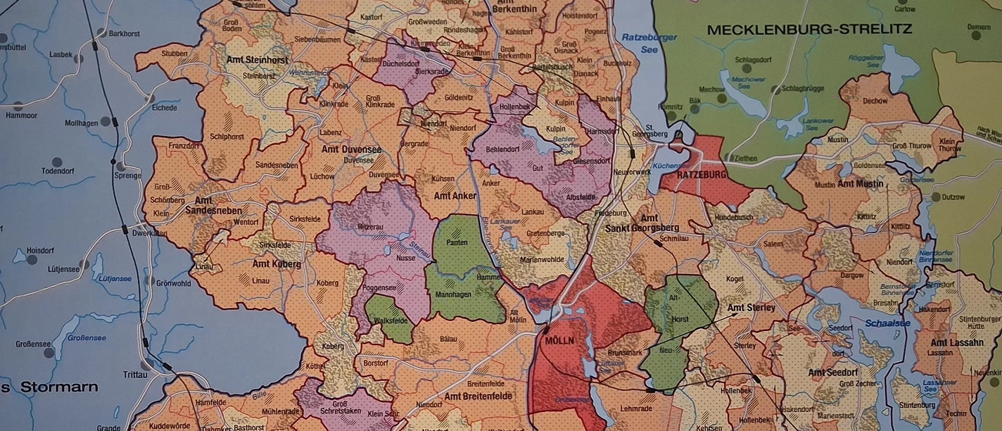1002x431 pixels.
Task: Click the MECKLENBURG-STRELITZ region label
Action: coord(809,30)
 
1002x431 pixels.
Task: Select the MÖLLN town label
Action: coord(559,340)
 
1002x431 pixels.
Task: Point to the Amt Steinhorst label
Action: coord(257,61)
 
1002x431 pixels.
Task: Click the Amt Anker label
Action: coord(455,196)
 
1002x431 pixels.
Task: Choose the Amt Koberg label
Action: coord(277,264)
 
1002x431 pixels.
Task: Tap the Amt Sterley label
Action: coord(751,308)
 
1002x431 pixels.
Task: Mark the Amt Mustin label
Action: coord(860,184)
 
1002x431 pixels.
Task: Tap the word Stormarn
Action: coord(59,387)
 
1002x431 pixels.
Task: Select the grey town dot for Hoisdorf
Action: coord(32,260)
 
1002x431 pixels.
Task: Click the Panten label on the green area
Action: coord(457,242)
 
